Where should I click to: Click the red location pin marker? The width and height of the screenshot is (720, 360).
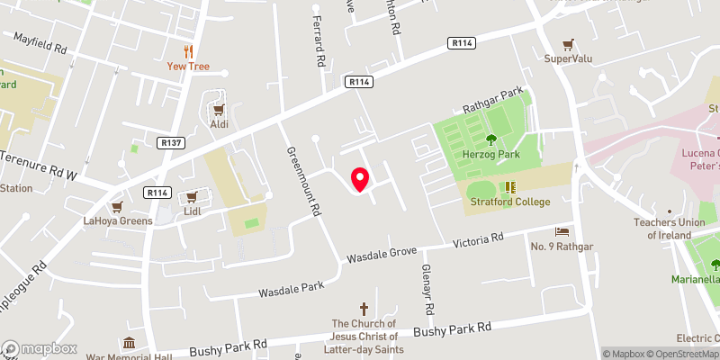[x=360, y=179]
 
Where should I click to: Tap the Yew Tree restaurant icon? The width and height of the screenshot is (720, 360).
[x=189, y=50]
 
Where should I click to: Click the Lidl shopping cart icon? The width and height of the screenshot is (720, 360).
[x=191, y=197]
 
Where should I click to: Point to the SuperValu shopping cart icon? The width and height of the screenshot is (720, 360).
[x=567, y=43]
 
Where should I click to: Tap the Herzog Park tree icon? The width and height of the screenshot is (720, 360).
[x=490, y=139]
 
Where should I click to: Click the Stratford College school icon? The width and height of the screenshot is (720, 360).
[x=510, y=187]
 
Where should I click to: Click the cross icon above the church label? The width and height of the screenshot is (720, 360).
[x=364, y=308]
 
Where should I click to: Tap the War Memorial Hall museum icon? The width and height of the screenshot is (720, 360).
[x=129, y=343]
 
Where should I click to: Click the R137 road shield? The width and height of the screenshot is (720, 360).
[x=170, y=142]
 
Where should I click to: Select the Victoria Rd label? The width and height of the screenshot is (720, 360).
[x=477, y=240]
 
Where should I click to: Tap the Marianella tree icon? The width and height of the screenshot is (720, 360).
[x=715, y=265]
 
